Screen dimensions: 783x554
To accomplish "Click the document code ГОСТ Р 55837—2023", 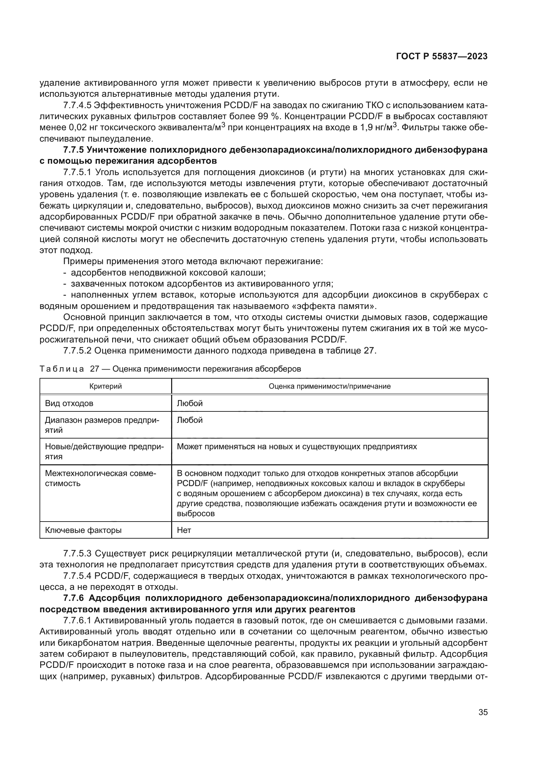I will (441, 57).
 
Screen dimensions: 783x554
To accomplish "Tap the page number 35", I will (483, 712).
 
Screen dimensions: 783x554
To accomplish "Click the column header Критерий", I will (106, 386).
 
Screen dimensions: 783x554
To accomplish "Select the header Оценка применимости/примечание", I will (329, 386).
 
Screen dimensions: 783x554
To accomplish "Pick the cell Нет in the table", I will (184, 530).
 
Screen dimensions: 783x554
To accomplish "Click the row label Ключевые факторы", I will (83, 530).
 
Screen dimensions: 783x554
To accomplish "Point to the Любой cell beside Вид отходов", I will (190, 403).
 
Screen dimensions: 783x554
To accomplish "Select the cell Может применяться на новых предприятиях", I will (296, 447).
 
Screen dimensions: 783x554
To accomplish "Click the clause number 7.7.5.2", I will (77, 350).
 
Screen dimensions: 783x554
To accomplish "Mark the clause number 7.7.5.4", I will (77, 576).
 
